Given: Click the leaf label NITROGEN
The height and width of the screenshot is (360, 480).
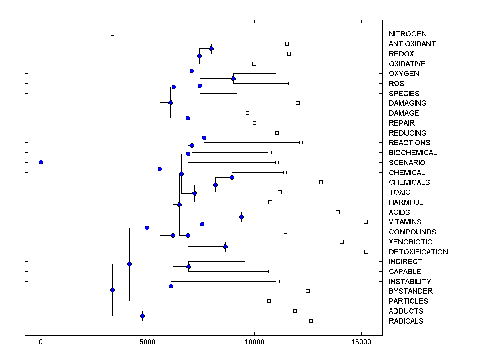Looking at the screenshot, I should (x=408, y=34).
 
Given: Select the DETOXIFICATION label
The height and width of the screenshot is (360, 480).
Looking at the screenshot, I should (x=418, y=252).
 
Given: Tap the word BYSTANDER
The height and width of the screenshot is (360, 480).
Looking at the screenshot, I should (x=410, y=291).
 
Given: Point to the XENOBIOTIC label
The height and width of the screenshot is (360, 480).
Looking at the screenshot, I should (x=410, y=242).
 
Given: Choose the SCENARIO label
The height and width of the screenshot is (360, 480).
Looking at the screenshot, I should (x=407, y=163).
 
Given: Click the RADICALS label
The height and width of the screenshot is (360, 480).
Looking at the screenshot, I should (x=406, y=321).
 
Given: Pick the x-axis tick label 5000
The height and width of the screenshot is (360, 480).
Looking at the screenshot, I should (x=148, y=342).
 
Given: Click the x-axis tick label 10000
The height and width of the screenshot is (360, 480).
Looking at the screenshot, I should (x=254, y=342).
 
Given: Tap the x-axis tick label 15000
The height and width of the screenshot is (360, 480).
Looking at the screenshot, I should (x=361, y=342).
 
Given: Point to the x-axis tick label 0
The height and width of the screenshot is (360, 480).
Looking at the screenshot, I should (x=41, y=342).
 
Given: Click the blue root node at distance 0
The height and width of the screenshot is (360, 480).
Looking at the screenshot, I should (x=41, y=162).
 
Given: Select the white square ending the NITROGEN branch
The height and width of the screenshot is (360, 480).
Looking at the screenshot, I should (x=112, y=34).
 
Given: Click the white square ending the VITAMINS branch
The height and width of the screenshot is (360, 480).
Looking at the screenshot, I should (x=366, y=222).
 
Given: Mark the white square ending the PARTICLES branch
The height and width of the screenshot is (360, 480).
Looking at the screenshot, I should (x=269, y=301).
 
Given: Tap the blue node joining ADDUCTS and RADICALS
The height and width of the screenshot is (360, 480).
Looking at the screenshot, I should (x=142, y=316).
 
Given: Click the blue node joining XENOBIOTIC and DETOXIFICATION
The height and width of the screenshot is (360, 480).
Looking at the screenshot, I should (x=225, y=246).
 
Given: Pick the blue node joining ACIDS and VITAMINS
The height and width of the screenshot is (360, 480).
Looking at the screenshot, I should (x=241, y=217).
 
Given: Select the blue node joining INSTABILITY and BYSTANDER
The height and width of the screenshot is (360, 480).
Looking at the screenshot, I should (x=171, y=286).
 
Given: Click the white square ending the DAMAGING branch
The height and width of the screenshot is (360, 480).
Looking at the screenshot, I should (x=298, y=103).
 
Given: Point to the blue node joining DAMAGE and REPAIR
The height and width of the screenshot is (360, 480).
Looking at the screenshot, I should (x=188, y=118).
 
